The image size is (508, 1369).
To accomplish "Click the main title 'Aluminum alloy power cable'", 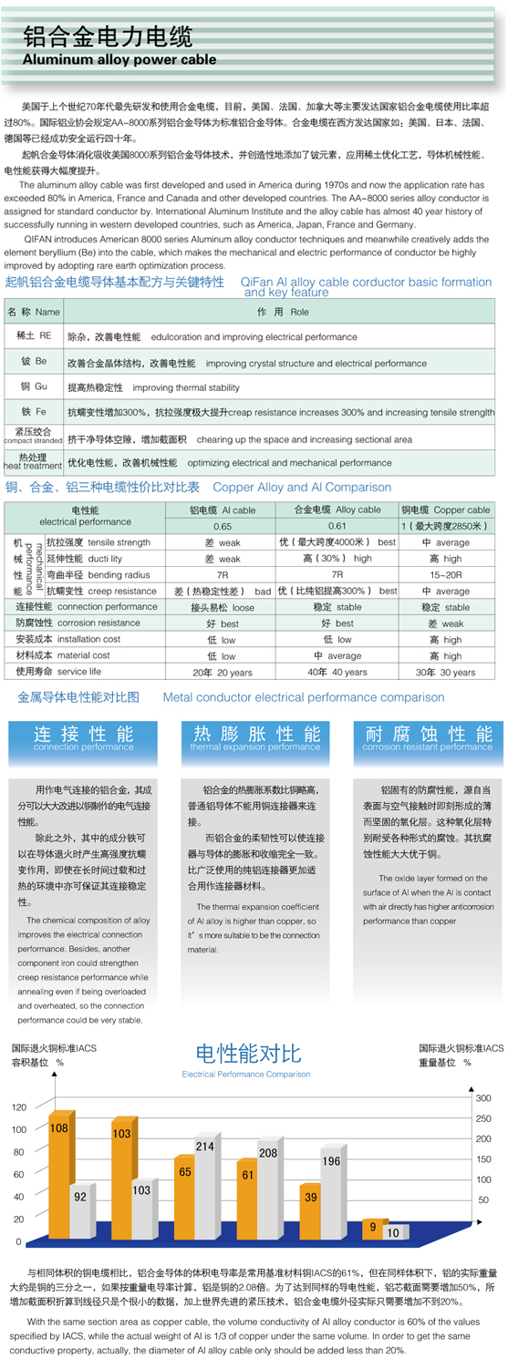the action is click(x=119, y=60).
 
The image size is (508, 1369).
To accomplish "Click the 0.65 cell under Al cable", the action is click(x=223, y=526).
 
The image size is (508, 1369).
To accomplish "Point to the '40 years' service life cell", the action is click(x=337, y=672).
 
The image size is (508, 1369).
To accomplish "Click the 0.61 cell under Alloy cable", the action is click(x=337, y=526).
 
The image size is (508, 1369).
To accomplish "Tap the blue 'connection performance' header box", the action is click(x=83, y=738).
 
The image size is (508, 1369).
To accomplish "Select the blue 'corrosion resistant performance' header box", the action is click(x=427, y=738).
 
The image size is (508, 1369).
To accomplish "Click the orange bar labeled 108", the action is click(x=59, y=1176).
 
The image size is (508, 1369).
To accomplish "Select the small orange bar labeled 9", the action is click(x=372, y=1228).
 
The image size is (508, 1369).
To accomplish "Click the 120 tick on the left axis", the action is click(x=18, y=1107).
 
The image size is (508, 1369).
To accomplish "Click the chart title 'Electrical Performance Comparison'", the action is click(x=246, y=1075).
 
